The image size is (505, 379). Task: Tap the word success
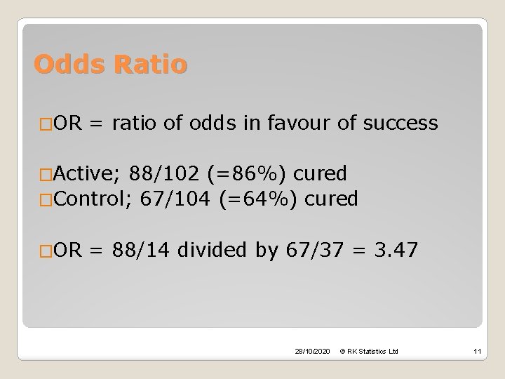click(x=397, y=124)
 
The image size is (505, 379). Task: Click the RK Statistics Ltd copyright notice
click(x=369, y=350)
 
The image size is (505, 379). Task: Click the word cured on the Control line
click(x=331, y=199)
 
